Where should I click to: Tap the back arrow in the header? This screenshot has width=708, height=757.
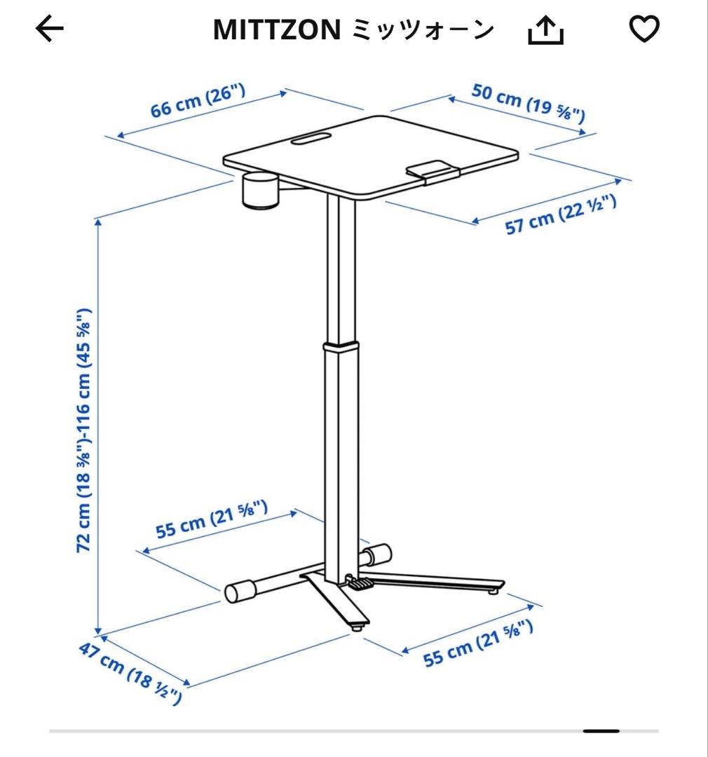tap(49, 29)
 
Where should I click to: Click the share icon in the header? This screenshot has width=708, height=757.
tap(545, 29)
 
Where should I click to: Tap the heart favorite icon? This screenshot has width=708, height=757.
tap(644, 29)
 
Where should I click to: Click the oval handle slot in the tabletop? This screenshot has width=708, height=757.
tap(313, 138)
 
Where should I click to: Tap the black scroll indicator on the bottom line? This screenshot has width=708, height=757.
tap(601, 731)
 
